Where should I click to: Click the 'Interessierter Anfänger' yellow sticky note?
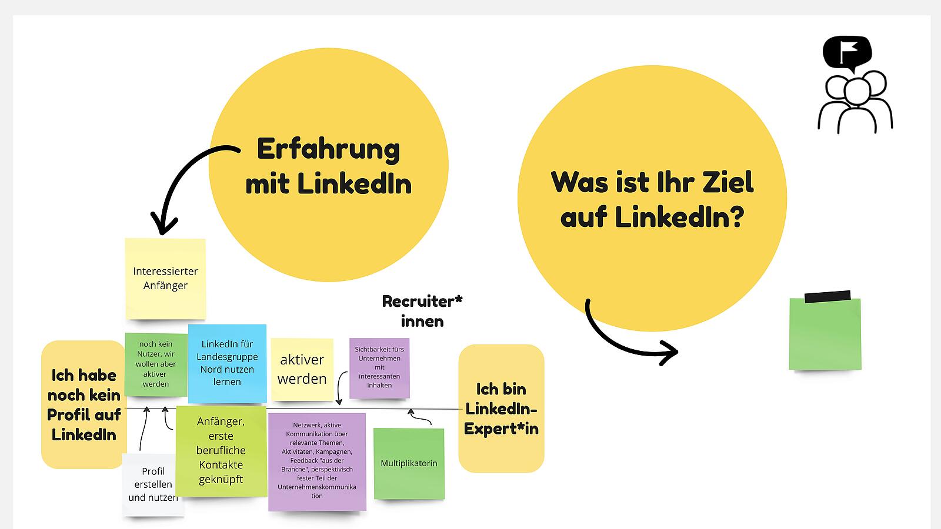(x=165, y=279)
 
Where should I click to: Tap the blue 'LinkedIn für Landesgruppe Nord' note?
(x=227, y=363)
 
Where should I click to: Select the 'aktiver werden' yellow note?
(x=302, y=369)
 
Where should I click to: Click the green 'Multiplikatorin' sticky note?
(x=409, y=464)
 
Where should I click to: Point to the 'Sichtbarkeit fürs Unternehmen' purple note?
(x=379, y=368)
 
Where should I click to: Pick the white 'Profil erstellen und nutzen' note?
(x=153, y=484)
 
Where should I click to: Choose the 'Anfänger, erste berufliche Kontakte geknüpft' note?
(x=221, y=450)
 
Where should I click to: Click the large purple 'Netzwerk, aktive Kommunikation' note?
(x=317, y=461)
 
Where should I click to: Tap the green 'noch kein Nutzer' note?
(x=156, y=364)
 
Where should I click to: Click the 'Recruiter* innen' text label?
(x=422, y=311)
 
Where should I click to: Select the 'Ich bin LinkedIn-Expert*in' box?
(x=501, y=409)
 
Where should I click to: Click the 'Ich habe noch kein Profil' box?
(x=84, y=404)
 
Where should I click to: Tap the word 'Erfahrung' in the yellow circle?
(x=328, y=149)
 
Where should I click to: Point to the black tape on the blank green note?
(x=827, y=296)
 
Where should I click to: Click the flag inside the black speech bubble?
(x=847, y=52)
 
